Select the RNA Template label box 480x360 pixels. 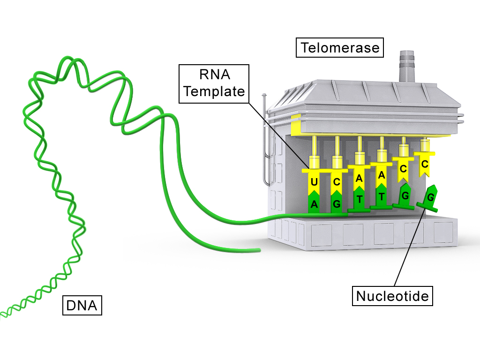click(214, 82)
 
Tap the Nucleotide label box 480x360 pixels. click(392, 296)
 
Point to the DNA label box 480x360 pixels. click(82, 306)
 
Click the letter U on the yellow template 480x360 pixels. click(314, 181)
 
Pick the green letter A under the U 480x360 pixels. click(314, 204)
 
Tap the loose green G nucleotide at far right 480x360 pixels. click(430, 197)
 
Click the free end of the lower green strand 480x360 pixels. click(257, 250)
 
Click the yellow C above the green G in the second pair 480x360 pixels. click(337, 181)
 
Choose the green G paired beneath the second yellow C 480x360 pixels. click(337, 204)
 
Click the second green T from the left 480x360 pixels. click(382, 196)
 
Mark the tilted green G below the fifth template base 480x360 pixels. click(405, 195)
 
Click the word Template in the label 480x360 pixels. click(214, 91)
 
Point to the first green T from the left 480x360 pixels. click(360, 199)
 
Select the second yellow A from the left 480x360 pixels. click(382, 175)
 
